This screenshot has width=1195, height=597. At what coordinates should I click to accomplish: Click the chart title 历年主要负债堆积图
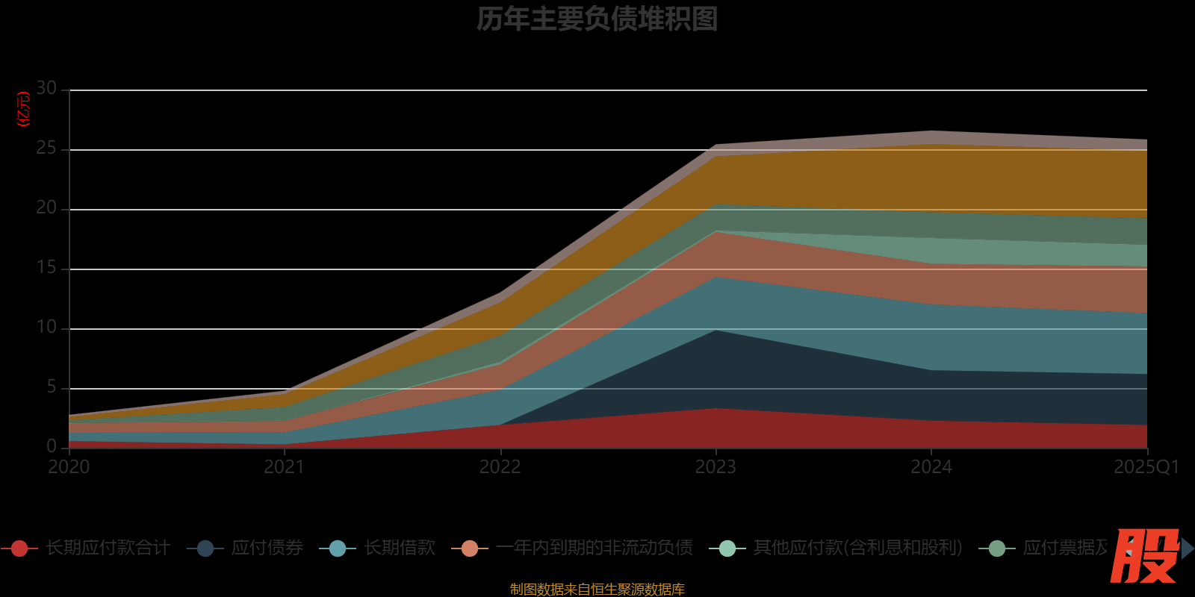pos(597,19)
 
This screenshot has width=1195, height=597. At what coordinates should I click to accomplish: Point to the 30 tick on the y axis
pos(46,89)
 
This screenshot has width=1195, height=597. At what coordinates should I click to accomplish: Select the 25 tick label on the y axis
pos(46,149)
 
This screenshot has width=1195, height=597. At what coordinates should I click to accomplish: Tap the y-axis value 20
pos(46,208)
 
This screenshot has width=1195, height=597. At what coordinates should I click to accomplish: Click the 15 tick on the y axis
pos(46,268)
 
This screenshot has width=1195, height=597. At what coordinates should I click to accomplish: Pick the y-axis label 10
pos(46,328)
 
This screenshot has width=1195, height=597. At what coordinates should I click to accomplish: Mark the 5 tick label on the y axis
pos(52,387)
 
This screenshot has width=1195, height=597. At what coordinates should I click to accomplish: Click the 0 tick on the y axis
pos(52,446)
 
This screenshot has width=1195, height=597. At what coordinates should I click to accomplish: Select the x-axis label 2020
pos(69,467)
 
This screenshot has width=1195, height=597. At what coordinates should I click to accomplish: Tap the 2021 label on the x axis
pos(285,467)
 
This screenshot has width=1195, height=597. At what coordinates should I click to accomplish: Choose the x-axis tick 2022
pos(500,467)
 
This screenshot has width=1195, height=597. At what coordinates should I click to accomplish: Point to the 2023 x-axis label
pos(716,467)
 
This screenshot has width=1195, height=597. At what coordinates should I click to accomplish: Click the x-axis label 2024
pos(931,467)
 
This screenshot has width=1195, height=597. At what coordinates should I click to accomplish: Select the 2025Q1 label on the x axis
pos(1146,467)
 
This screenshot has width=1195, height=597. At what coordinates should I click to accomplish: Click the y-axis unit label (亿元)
pos(23,109)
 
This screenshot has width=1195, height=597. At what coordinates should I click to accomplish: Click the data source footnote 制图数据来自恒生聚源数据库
pos(597,590)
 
